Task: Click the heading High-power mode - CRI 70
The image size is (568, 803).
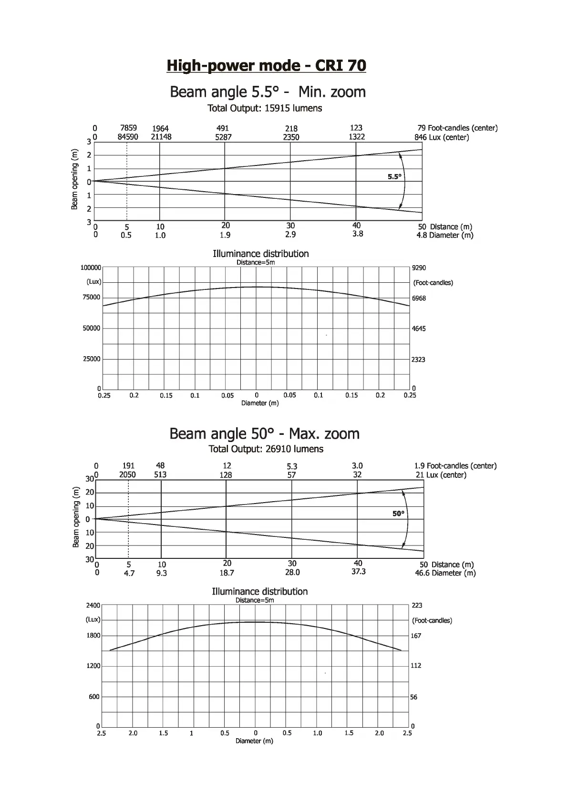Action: (x=266, y=65)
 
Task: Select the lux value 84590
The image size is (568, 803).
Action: (x=128, y=137)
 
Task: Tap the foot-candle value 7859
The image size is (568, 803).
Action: (x=128, y=128)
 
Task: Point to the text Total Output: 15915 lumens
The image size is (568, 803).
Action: (x=265, y=108)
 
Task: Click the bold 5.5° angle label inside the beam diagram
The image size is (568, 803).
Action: (x=394, y=176)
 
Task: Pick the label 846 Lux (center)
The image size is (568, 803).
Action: (x=442, y=137)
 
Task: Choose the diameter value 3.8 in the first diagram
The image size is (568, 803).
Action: (x=358, y=234)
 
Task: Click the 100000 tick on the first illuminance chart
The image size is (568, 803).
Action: (x=91, y=268)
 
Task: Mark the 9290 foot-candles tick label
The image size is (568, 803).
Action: (x=419, y=268)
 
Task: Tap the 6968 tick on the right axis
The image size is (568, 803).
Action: (x=419, y=299)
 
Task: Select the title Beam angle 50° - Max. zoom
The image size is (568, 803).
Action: (x=264, y=433)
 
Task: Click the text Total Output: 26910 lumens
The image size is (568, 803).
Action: (x=266, y=449)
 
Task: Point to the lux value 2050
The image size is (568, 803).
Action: (x=127, y=474)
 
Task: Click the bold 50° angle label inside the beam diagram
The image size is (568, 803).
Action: (x=398, y=514)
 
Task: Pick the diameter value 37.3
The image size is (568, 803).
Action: (x=358, y=572)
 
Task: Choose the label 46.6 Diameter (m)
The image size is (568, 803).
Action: (x=445, y=573)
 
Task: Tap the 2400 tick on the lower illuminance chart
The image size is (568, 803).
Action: (x=93, y=606)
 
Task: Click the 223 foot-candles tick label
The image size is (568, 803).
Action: (x=417, y=606)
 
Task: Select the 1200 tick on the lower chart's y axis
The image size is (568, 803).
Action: (x=93, y=666)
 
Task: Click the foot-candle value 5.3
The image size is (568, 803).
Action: (x=292, y=466)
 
